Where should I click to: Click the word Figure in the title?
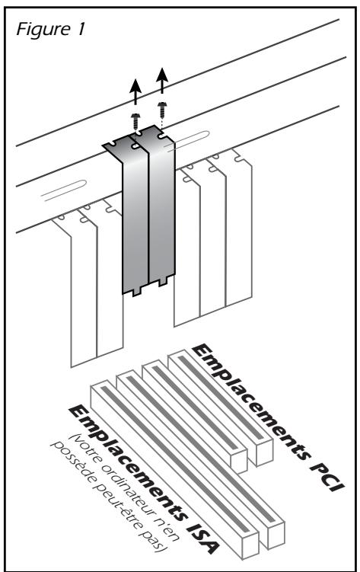coord(43,30)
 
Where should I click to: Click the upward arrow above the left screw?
coord(136,91)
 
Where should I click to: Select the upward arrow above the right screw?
coord(162,80)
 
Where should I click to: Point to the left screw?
coord(136,121)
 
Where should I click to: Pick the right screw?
coord(162,110)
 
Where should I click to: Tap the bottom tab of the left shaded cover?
coord(136,292)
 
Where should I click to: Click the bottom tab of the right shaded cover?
coord(163,283)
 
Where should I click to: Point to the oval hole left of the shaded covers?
coord(64,190)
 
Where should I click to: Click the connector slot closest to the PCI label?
coord(221,407)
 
